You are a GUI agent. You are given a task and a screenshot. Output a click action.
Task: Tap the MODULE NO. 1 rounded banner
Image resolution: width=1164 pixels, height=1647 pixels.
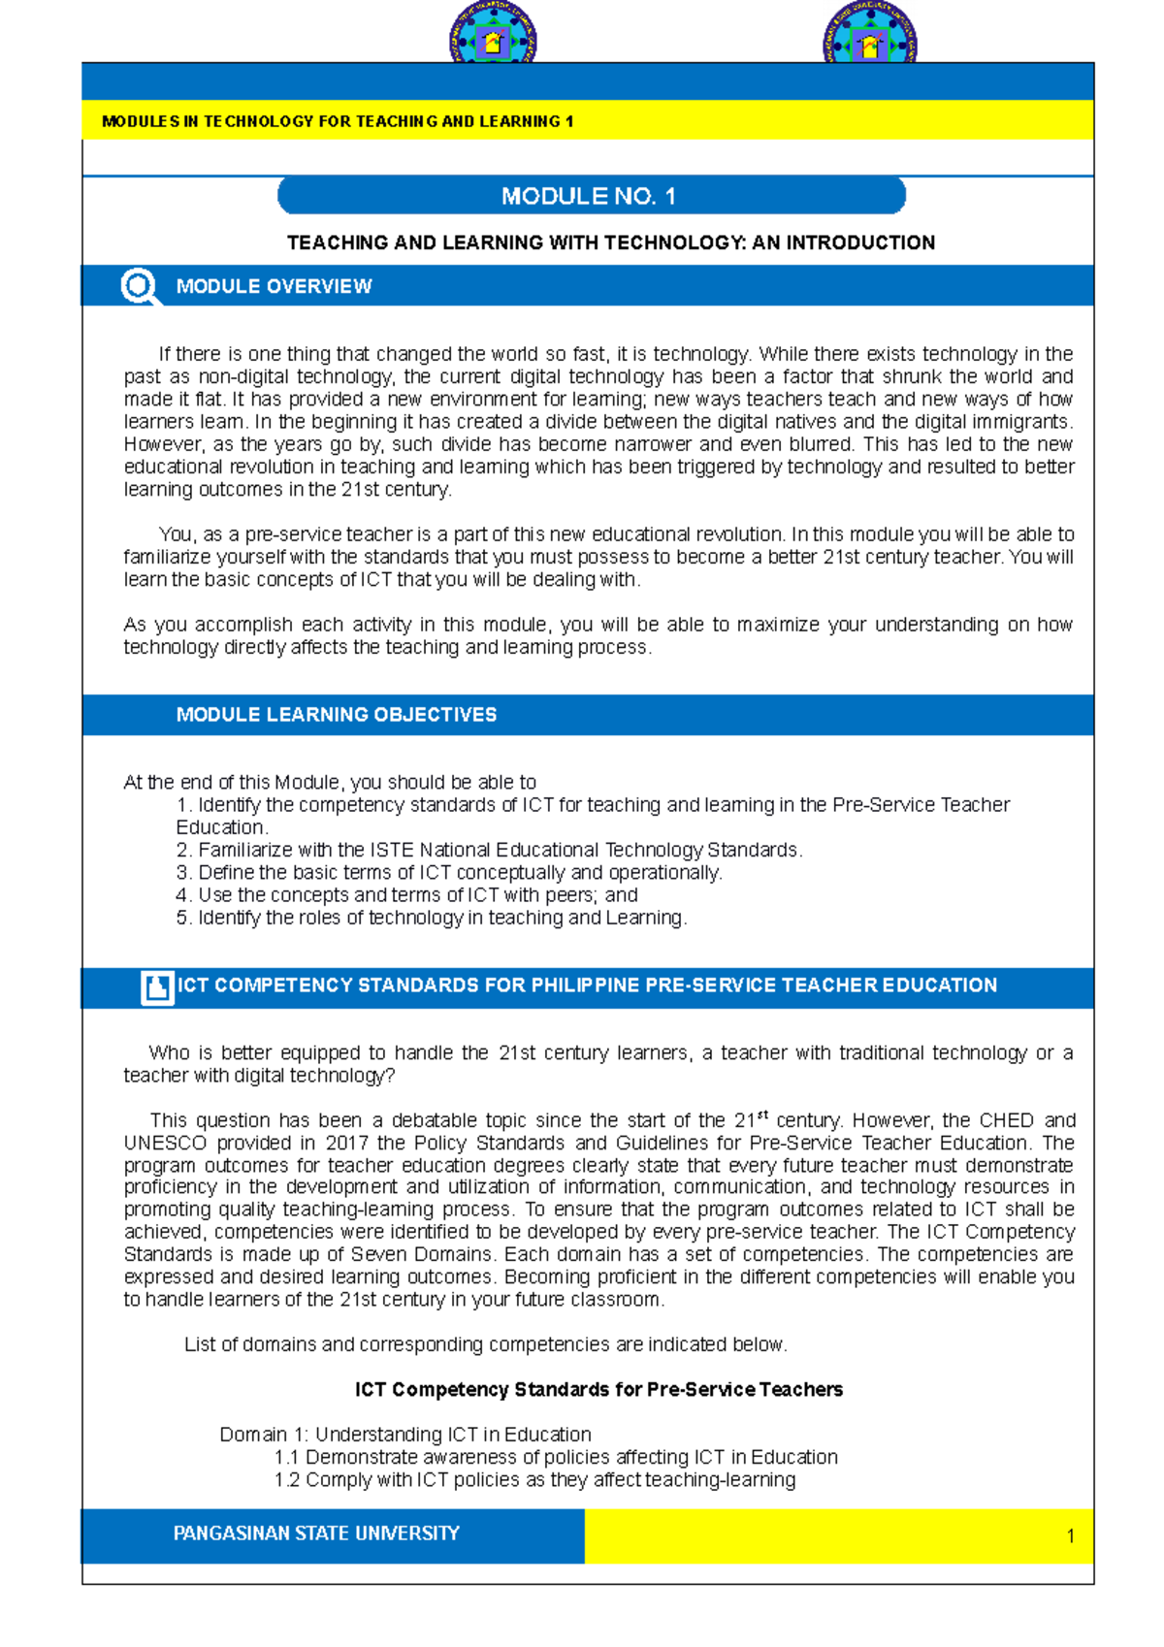click(591, 196)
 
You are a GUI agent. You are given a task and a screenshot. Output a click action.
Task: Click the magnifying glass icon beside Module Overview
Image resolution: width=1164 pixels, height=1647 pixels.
click(140, 286)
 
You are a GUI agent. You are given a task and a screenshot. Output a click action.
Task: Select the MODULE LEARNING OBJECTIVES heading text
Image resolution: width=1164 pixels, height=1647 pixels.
click(336, 715)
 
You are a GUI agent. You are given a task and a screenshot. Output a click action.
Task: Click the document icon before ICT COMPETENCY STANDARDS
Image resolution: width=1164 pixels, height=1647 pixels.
click(156, 986)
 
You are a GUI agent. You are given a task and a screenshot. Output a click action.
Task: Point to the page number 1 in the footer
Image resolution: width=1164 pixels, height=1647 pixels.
click(1070, 1535)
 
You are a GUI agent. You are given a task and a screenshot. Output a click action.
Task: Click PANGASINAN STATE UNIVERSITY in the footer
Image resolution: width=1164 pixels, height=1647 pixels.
click(316, 1534)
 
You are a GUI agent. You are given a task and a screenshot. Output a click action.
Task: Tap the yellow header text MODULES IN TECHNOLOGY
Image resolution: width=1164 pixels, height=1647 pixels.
click(338, 121)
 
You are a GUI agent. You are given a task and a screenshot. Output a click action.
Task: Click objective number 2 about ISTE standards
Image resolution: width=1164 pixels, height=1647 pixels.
click(489, 850)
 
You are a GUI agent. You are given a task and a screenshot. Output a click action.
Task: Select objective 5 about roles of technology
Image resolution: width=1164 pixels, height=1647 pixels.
click(432, 918)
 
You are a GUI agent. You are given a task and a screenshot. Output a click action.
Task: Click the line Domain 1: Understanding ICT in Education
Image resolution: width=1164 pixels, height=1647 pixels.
click(404, 1435)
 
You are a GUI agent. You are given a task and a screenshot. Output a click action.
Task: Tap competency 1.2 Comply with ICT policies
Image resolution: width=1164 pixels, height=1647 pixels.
click(534, 1480)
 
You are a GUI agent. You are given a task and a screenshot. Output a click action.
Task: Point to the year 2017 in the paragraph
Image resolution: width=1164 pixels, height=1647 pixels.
click(347, 1143)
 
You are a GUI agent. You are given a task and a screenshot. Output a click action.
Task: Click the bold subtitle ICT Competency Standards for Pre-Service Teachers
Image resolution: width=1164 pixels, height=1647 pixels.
click(598, 1390)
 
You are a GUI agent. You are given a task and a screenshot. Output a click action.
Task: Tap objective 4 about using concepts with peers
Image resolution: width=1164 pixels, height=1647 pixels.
click(407, 895)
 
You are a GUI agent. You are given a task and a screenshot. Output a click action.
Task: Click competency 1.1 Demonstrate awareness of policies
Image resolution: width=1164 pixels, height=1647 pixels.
click(556, 1457)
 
